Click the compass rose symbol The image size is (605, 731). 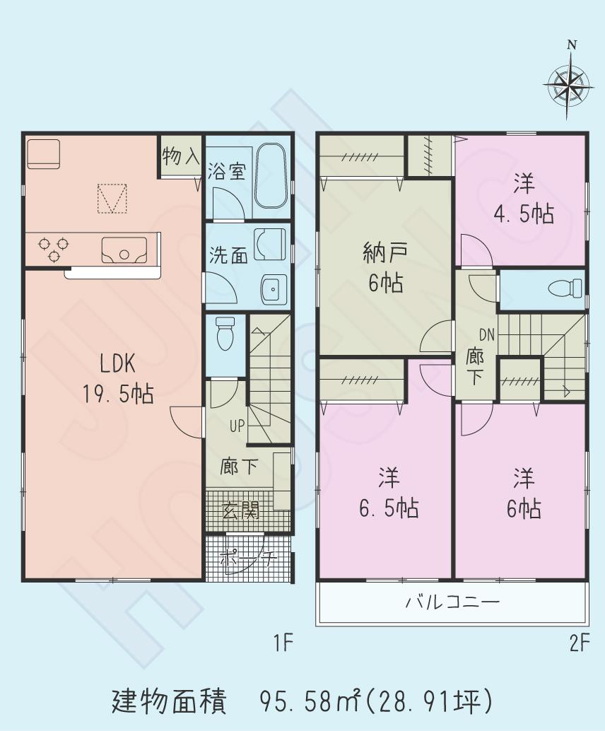568,83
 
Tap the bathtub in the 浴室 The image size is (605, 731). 269,177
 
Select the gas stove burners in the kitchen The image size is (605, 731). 54,248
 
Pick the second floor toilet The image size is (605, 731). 565,288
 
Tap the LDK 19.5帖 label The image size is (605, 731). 127,380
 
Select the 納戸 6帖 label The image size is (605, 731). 384,267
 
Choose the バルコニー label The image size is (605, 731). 452,603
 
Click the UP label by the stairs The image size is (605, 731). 237,426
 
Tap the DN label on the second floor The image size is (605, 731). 487,334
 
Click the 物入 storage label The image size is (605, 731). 181,156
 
